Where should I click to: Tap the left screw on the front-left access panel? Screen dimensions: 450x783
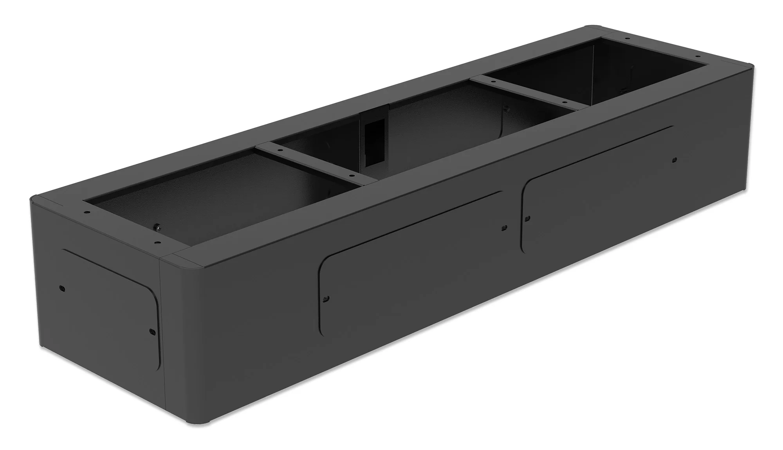[327, 299]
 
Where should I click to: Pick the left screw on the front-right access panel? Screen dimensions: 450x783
[527, 218]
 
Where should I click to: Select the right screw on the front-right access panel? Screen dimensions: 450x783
[674, 160]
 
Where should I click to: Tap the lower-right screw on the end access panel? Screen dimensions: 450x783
[152, 332]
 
